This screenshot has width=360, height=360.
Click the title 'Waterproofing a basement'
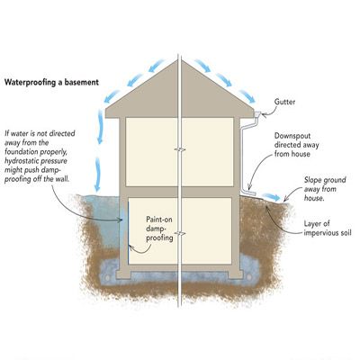51,82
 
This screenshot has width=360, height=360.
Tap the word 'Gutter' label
284,102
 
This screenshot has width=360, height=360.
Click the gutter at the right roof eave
257,114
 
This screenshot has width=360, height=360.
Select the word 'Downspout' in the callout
292,136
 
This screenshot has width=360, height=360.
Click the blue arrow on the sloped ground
273,197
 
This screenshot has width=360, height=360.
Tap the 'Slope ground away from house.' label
325,189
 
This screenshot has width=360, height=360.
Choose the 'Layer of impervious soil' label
327,228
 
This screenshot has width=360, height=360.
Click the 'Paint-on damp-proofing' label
159,229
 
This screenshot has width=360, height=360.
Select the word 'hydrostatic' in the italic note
21,161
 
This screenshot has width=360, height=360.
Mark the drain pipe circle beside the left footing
107,277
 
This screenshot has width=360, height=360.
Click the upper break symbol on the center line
180,149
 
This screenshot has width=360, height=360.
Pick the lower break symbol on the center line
180,233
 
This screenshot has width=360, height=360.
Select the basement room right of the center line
207,231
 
